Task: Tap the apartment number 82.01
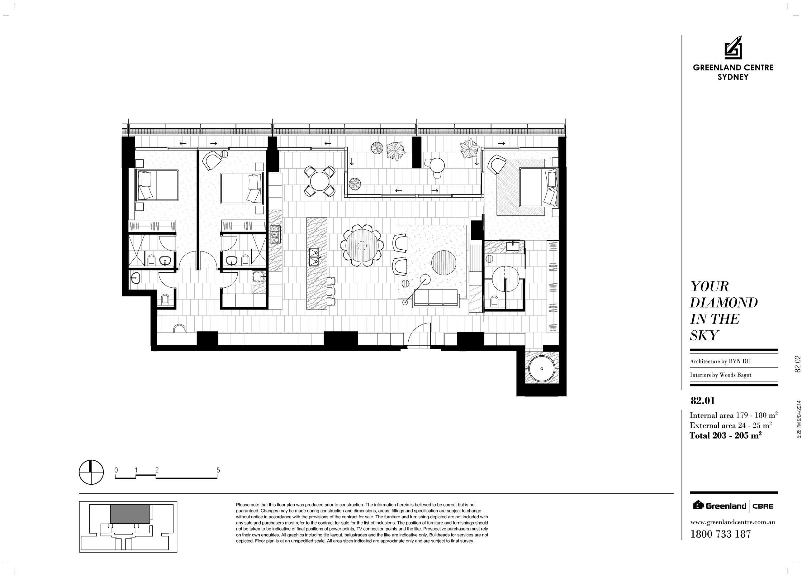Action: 703,401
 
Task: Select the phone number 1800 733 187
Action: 721,534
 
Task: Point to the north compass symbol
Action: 91,472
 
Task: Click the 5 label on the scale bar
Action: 218,470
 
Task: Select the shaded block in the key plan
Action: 130,514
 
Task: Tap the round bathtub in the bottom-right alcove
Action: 541,369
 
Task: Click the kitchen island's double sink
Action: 314,257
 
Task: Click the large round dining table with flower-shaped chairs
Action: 362,245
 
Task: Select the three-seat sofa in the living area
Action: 436,298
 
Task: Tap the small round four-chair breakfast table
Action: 320,181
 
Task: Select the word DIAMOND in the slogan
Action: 724,303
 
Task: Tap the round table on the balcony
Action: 437,165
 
